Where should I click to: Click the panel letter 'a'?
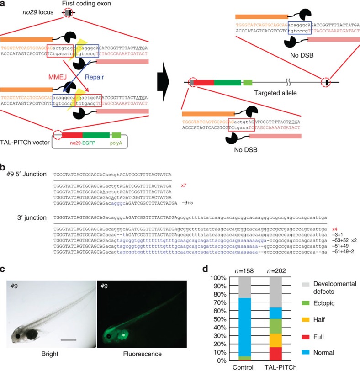4,4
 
